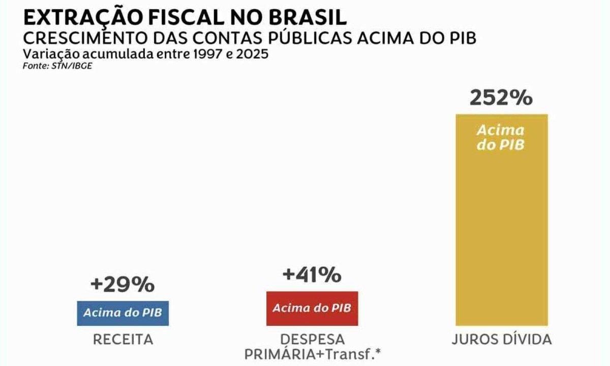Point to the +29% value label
(x=122, y=285)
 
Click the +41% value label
(x=312, y=275)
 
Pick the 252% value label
(x=501, y=97)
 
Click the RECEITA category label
(x=123, y=340)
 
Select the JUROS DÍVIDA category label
(x=501, y=340)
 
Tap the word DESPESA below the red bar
(x=312, y=340)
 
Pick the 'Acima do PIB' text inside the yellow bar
(x=501, y=137)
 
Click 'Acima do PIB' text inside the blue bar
(x=123, y=312)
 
